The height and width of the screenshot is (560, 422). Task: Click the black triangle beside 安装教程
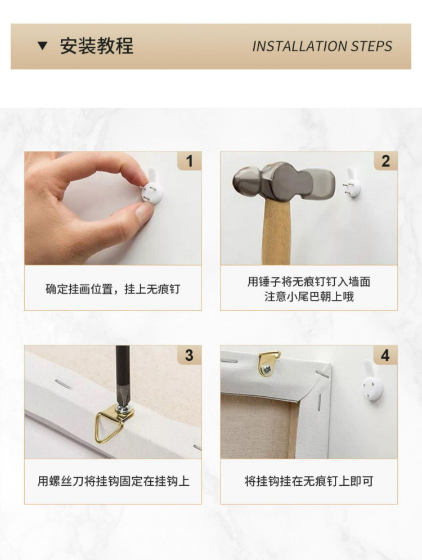tap(42, 46)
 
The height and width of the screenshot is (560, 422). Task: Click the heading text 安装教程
tap(96, 46)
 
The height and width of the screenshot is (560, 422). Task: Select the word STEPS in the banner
tap(372, 46)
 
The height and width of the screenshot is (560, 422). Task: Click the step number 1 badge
tap(190, 161)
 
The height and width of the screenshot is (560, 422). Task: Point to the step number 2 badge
tap(385, 161)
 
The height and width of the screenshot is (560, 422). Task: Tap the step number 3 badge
tap(190, 355)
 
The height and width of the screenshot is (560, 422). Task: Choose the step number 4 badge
tap(385, 355)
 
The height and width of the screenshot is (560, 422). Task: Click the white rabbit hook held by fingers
tap(152, 188)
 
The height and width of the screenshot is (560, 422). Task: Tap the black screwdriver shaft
tap(123, 375)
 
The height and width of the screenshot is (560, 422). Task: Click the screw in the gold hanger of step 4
tap(266, 369)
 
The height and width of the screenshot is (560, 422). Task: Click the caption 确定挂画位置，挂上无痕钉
tap(113, 289)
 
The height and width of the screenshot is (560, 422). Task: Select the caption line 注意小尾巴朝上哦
tap(309, 297)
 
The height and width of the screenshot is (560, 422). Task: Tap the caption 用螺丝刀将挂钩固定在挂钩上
tap(114, 481)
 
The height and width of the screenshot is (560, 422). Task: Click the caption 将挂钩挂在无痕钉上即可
tap(309, 481)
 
